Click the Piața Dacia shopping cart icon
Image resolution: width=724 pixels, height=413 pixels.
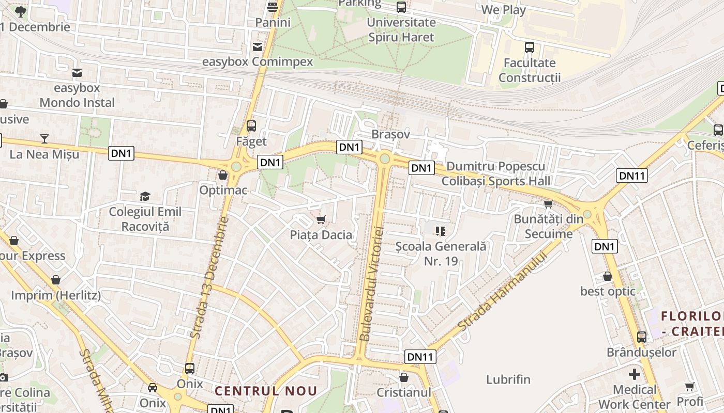pos(321,220)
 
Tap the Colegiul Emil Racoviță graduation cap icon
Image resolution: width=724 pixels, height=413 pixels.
pos(145,197)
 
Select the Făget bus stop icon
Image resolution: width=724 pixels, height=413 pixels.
pos(251,126)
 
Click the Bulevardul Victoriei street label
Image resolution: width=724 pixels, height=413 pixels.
pos(371,284)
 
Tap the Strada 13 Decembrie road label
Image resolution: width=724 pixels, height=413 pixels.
pos(209,278)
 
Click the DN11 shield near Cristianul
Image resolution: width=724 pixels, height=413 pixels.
pos(420,357)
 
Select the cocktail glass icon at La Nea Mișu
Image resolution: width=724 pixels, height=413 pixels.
pos(44,138)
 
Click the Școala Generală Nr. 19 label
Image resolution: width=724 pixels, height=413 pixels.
pos(441,253)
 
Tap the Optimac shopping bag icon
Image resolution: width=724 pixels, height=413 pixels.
pos(223,176)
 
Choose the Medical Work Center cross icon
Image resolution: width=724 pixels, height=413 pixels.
pos(635,374)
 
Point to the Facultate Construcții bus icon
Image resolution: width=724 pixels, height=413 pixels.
pos(530,48)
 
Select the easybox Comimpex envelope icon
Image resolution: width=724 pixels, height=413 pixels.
pos(257,47)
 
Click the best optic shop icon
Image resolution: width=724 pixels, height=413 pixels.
pos(608,276)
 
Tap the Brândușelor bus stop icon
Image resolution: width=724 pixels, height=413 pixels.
pos(642,337)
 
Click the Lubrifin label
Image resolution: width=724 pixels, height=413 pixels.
pos(508,379)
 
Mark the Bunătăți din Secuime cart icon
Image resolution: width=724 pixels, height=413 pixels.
pos(548,204)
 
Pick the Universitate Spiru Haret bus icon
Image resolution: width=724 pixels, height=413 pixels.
pos(401,7)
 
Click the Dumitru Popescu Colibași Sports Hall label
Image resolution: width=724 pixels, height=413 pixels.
pos(495,173)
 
